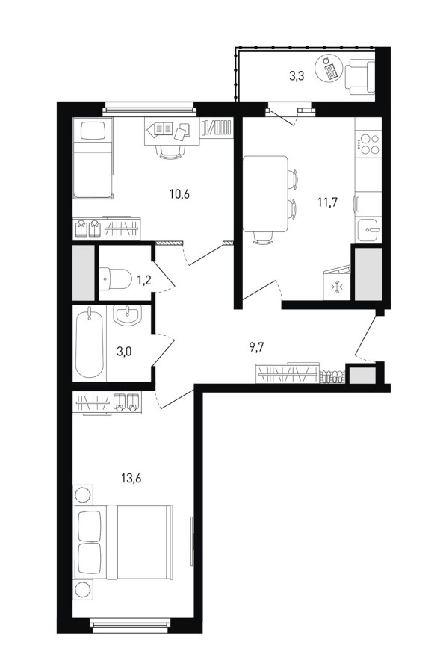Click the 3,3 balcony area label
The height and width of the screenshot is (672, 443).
tap(297, 77)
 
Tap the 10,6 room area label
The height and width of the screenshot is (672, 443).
tap(179, 194)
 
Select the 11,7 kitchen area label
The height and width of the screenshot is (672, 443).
tap(327, 202)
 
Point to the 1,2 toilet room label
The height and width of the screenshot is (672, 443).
tap(143, 280)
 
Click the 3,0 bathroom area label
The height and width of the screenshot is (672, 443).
tap(124, 352)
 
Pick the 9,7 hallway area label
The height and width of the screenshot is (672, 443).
tap(256, 347)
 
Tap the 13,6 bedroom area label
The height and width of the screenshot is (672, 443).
tap(131, 478)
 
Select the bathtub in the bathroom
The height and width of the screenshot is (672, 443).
tap(89, 343)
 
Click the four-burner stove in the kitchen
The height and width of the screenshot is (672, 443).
tap(369, 144)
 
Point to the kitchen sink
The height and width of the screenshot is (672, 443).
tap(368, 230)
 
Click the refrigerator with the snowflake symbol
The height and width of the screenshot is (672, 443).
tap(337, 283)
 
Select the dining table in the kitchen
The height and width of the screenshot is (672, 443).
tap(265, 194)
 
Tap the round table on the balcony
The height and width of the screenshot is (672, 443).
tap(329, 69)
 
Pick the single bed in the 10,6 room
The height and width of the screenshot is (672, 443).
tap(93, 158)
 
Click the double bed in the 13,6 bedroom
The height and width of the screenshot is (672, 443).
tap(123, 543)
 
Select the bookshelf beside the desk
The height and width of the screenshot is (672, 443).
tap(217, 127)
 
